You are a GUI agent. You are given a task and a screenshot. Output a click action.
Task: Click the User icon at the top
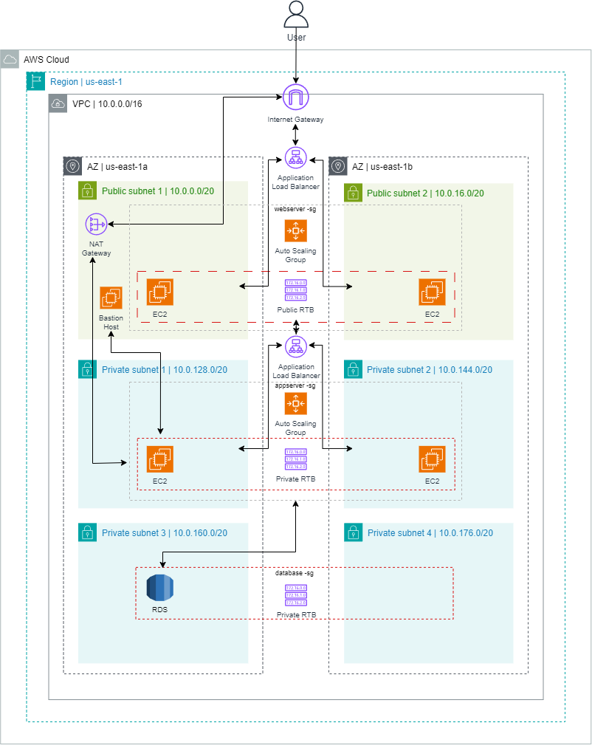296,15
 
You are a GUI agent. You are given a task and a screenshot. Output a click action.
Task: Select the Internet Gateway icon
295,97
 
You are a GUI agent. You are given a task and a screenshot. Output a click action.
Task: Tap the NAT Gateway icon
96,222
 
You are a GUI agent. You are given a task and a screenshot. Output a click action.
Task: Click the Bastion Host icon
111,298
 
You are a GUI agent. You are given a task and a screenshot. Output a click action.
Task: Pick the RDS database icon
159,587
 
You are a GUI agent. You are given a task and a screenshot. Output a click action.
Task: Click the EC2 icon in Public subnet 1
159,292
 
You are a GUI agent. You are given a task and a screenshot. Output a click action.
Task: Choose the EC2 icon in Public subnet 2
432,292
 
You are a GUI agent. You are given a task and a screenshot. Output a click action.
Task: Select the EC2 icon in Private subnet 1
159,459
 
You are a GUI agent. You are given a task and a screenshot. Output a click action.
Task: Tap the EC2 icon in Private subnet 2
432,459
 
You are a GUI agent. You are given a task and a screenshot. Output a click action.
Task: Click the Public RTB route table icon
295,289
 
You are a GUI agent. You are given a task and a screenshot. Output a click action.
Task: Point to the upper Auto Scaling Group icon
295,231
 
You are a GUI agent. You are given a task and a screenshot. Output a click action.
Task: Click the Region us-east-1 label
86,81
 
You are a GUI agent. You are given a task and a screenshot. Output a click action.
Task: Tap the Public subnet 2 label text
425,193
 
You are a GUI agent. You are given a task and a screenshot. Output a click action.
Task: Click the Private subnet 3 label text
164,533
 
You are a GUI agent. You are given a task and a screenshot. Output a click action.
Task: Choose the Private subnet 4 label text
430,533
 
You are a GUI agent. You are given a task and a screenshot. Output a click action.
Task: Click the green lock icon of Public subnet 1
87,191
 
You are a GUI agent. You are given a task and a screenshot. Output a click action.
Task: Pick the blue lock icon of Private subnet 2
352,368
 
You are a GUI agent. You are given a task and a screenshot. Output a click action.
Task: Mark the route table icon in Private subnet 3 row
295,595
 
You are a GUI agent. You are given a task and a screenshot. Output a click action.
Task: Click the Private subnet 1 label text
164,370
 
